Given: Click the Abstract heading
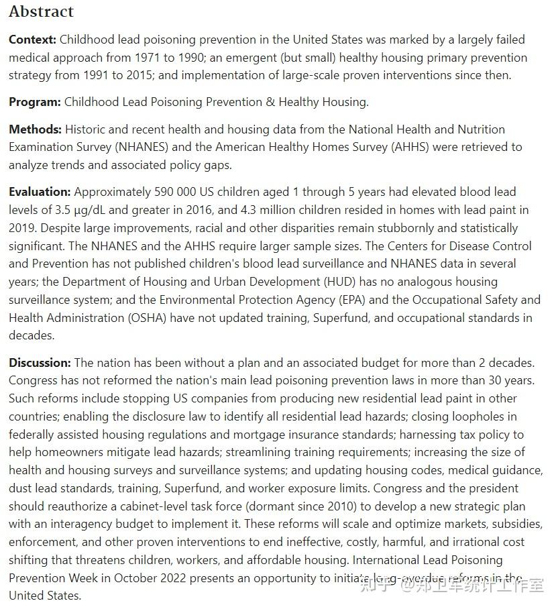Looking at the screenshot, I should point(41,11).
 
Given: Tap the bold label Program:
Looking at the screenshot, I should point(35,102).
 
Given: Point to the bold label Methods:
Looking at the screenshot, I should point(36,129).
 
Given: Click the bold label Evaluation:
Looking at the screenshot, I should point(40,192).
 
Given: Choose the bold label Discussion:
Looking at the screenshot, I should point(40,363).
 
